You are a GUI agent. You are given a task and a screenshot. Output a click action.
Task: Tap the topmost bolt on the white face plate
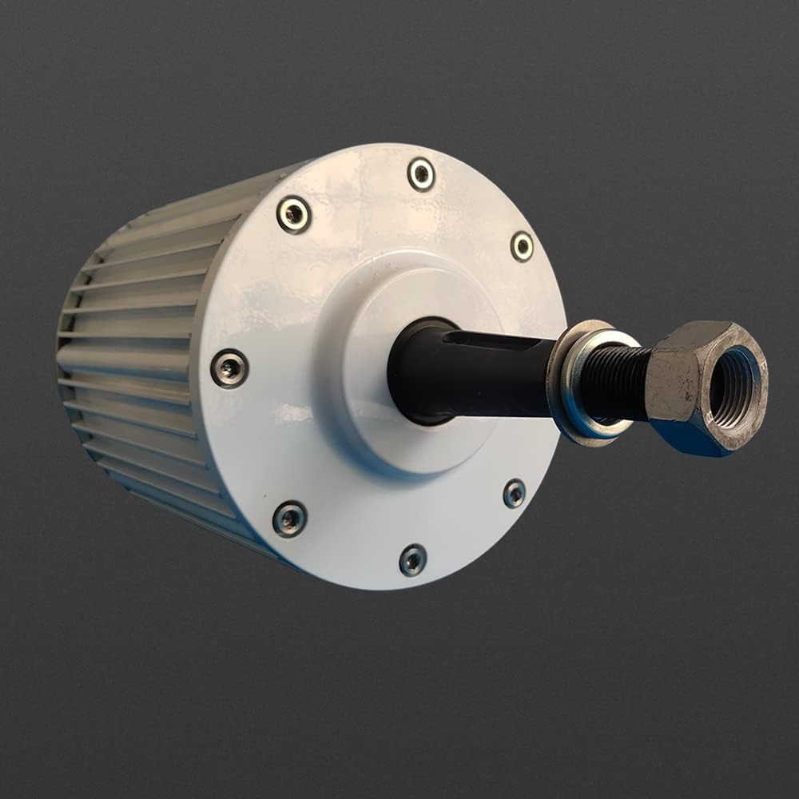pos(421,174)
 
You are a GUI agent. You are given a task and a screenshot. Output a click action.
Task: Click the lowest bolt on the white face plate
pos(413,559)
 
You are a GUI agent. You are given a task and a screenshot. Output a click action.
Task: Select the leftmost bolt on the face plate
pos(229,368)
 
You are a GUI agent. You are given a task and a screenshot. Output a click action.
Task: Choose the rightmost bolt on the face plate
pos(522,246)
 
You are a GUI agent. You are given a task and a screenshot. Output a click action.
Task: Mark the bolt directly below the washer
pos(515,493)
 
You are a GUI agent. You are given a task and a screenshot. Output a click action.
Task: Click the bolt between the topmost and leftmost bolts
pos(294,214)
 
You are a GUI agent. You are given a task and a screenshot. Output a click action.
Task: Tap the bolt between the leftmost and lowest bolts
pos(289,519)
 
